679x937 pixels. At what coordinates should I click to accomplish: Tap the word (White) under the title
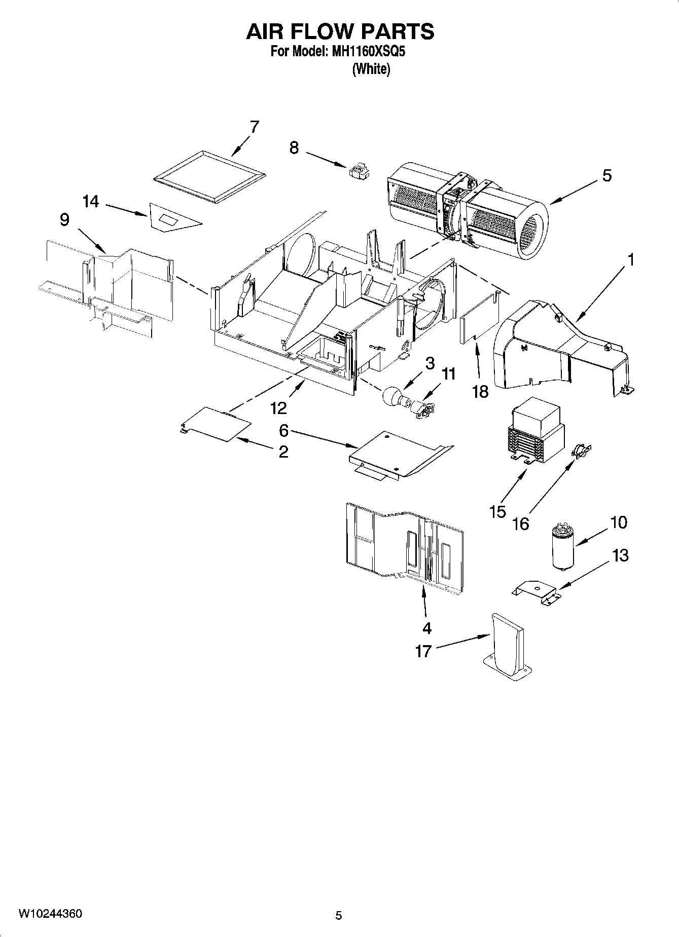pos(371,69)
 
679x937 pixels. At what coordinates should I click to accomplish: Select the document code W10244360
pos(50,914)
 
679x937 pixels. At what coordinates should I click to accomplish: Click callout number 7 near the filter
pos(254,127)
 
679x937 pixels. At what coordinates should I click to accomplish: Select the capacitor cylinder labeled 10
pos(562,548)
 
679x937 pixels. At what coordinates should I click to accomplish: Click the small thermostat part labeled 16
pos(582,450)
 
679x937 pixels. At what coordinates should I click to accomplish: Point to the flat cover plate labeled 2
pos(216,422)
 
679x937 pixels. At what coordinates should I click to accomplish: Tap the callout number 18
pos(480,391)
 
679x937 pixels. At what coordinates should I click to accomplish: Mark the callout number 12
pos(278,407)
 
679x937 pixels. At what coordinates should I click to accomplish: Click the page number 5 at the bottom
pos(339,915)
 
